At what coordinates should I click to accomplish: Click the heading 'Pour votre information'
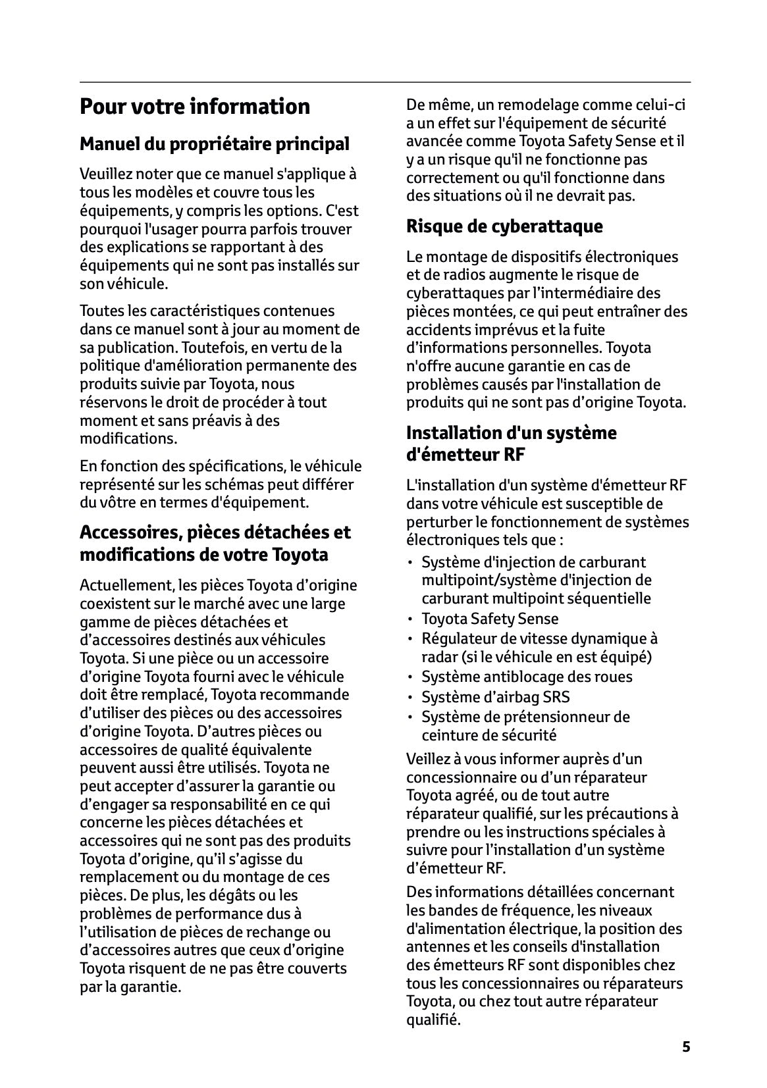194,107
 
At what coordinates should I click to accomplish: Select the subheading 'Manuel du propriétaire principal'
214,143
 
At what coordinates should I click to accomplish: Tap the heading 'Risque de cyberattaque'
504,226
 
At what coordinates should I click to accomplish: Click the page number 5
686,1047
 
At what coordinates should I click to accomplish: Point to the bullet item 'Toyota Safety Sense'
489,619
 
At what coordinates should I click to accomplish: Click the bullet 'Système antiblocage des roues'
526,677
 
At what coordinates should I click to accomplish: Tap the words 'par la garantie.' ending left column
130,987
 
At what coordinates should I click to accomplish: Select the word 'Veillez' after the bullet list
429,759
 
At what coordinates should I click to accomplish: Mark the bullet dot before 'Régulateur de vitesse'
411,639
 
